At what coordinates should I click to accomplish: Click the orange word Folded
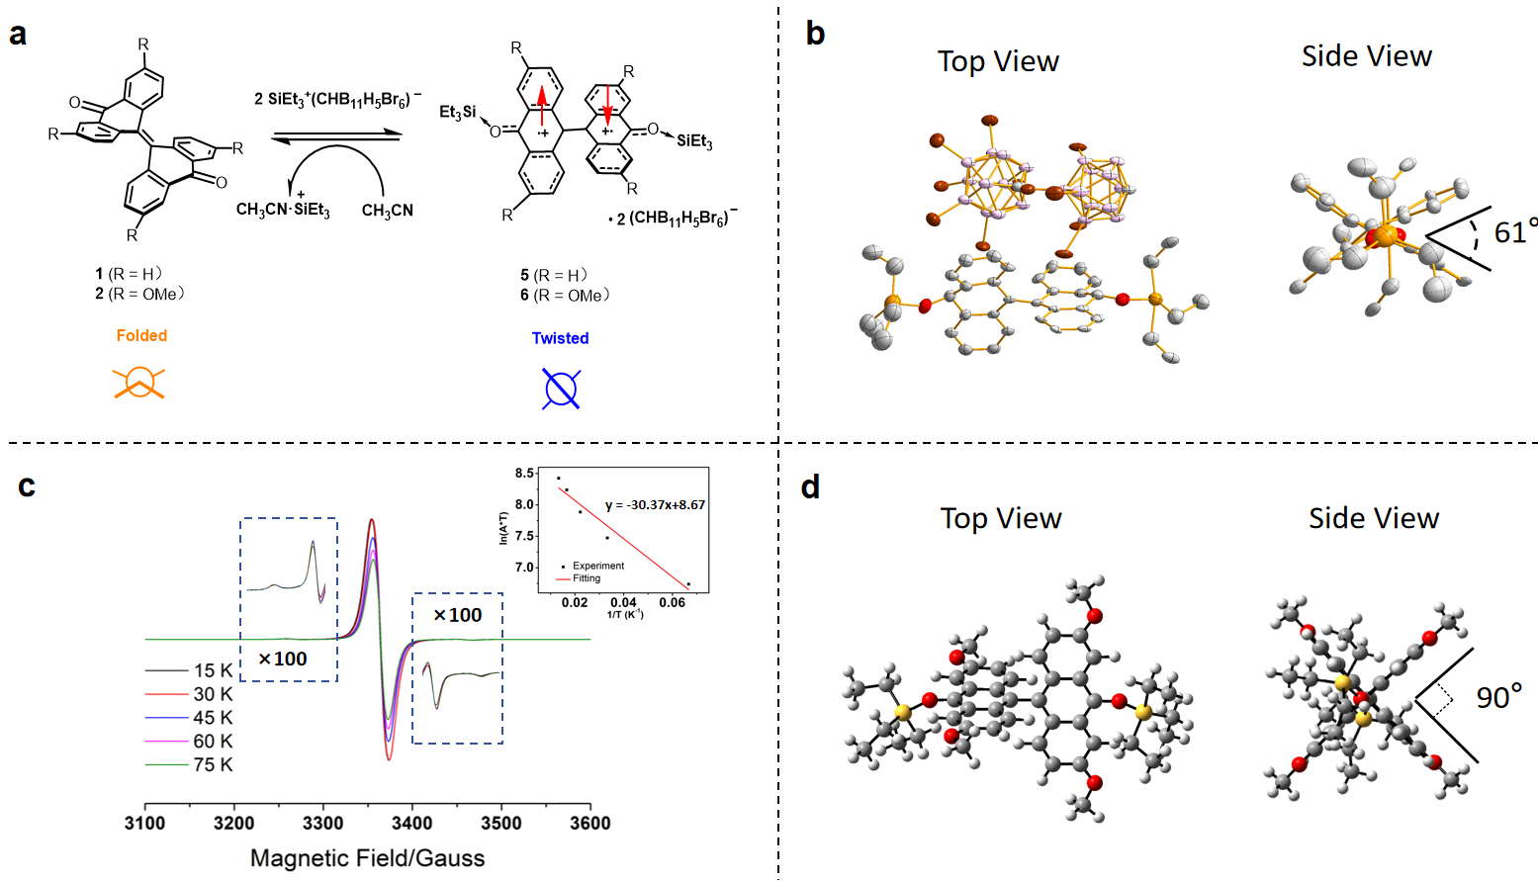(141, 335)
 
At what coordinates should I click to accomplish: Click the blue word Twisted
(560, 338)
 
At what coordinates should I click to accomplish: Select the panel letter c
(27, 485)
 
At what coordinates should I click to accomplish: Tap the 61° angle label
(1514, 232)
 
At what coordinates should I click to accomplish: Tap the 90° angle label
(1498, 697)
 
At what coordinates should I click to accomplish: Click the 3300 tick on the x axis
(323, 823)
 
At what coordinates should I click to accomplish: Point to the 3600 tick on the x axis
(590, 823)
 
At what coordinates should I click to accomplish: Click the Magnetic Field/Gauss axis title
(367, 857)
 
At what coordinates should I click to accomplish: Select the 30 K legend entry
(213, 694)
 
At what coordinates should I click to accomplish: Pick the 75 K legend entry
(213, 764)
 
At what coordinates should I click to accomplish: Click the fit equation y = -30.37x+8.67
(655, 504)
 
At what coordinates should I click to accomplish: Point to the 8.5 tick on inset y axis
(524, 474)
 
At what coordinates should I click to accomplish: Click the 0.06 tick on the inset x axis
(672, 602)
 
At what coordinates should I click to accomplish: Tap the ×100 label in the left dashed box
(283, 659)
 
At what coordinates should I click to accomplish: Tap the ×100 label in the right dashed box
(458, 615)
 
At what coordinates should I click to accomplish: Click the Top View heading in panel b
(998, 61)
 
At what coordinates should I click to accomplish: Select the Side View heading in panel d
(1373, 517)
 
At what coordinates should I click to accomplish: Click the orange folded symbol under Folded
(139, 383)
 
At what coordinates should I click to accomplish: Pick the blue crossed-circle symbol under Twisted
(561, 389)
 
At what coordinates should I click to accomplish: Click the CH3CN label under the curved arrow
(388, 211)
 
